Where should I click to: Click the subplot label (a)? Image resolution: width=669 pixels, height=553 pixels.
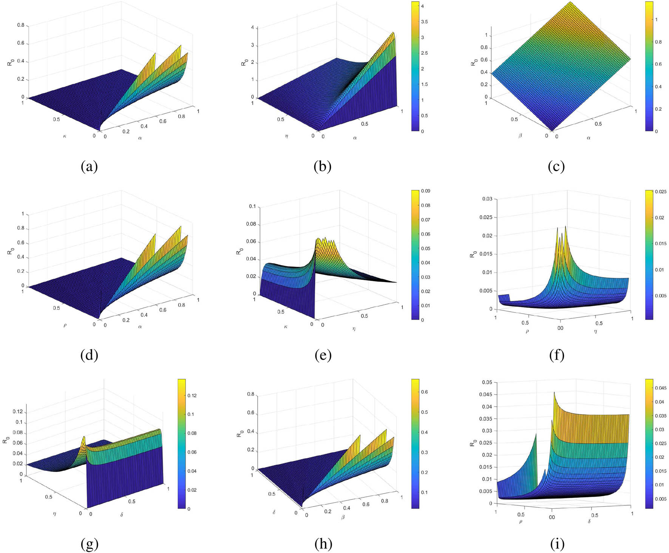89,166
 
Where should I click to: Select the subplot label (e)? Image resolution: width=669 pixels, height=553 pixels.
323,355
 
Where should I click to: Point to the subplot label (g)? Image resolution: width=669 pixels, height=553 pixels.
89,544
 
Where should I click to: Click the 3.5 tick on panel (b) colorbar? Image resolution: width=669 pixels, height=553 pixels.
424,22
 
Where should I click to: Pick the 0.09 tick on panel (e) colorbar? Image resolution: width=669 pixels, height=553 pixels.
425,191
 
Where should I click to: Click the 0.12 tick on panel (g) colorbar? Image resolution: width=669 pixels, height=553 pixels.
192,395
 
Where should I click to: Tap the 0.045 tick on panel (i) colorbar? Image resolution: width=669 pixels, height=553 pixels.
659,388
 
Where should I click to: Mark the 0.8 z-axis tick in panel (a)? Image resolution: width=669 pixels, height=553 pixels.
20,25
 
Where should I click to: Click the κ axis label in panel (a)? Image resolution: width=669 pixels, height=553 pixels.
65,136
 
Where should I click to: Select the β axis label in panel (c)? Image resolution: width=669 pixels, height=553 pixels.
520,136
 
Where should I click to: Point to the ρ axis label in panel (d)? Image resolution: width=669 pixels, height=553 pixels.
65,325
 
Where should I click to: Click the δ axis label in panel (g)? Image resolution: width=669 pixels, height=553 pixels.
121,514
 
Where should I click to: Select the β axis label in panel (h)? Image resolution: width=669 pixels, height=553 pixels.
343,517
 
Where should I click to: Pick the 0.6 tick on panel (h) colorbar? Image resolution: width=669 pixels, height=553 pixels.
424,392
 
